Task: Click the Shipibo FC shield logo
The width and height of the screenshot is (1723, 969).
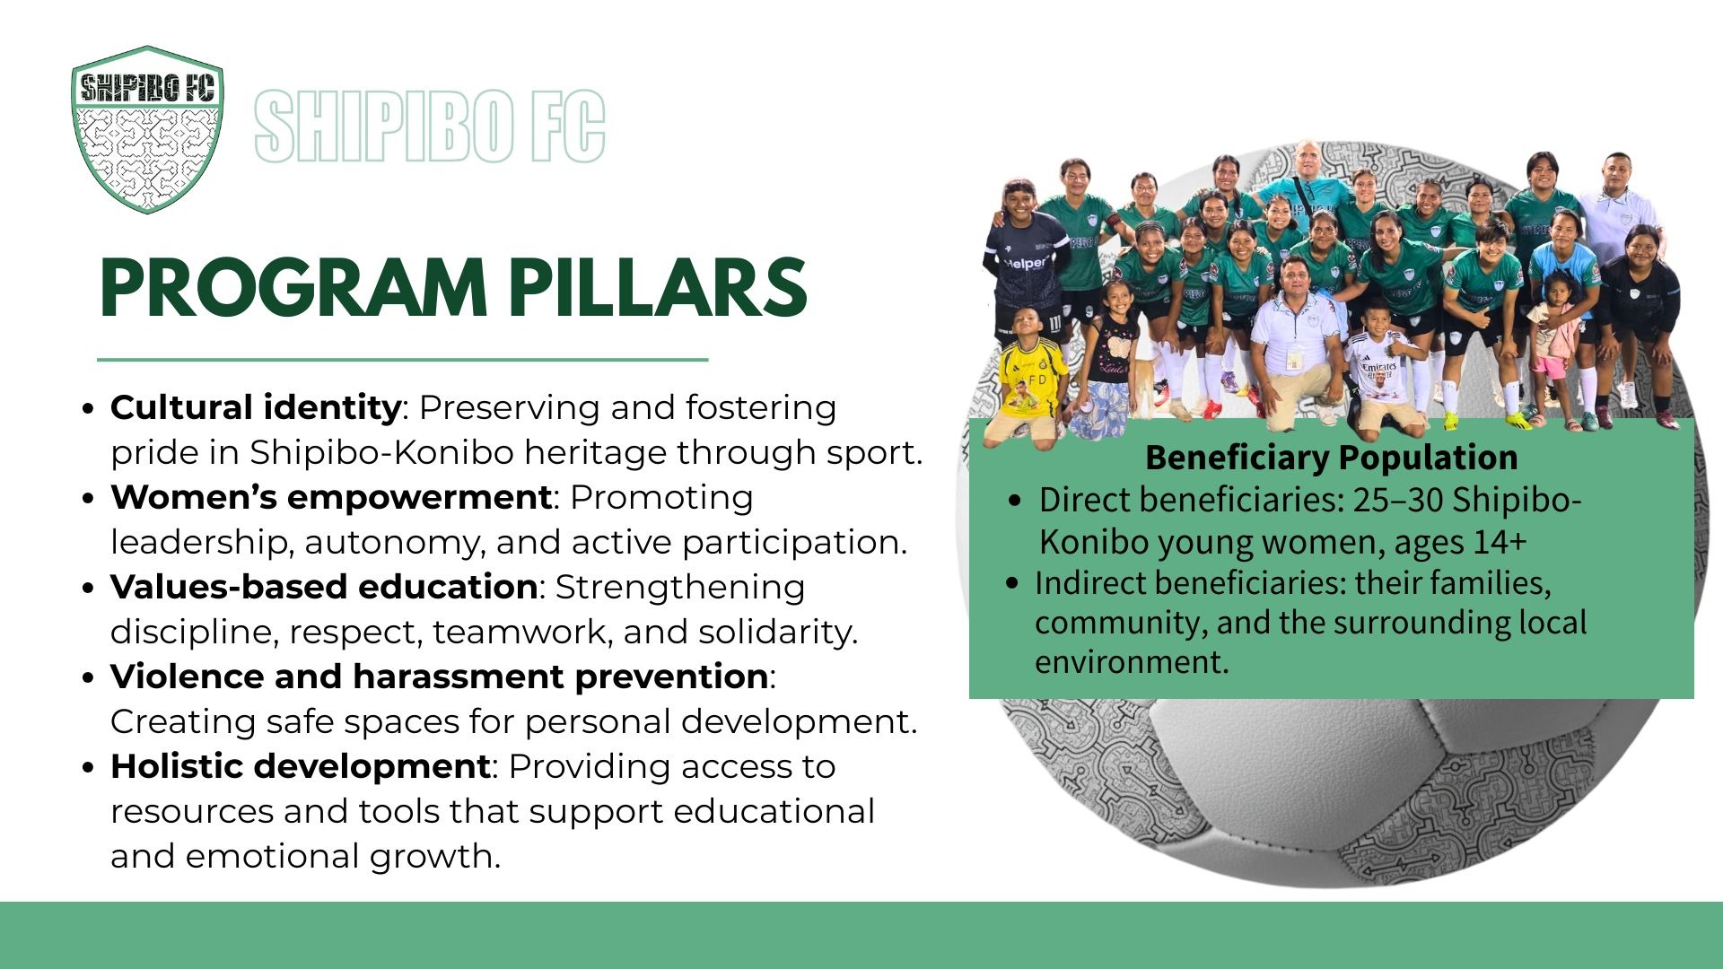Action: point(147,129)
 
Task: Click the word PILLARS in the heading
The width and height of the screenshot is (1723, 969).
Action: point(657,288)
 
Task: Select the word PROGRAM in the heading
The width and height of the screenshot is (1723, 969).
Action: point(293,288)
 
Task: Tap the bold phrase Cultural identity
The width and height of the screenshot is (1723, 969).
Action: point(256,408)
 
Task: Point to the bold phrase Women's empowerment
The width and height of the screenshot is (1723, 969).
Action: point(331,497)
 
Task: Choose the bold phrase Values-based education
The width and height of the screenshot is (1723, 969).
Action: point(324,587)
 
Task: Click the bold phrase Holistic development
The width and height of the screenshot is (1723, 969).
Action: point(301,766)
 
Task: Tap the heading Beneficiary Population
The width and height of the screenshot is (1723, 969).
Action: point(1332,458)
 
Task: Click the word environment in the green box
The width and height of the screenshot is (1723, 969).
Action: point(1132,662)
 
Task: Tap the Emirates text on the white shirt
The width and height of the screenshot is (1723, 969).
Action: point(1378,367)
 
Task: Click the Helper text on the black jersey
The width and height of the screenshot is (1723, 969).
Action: point(1025,263)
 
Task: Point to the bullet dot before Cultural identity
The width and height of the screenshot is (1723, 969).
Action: point(87,409)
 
